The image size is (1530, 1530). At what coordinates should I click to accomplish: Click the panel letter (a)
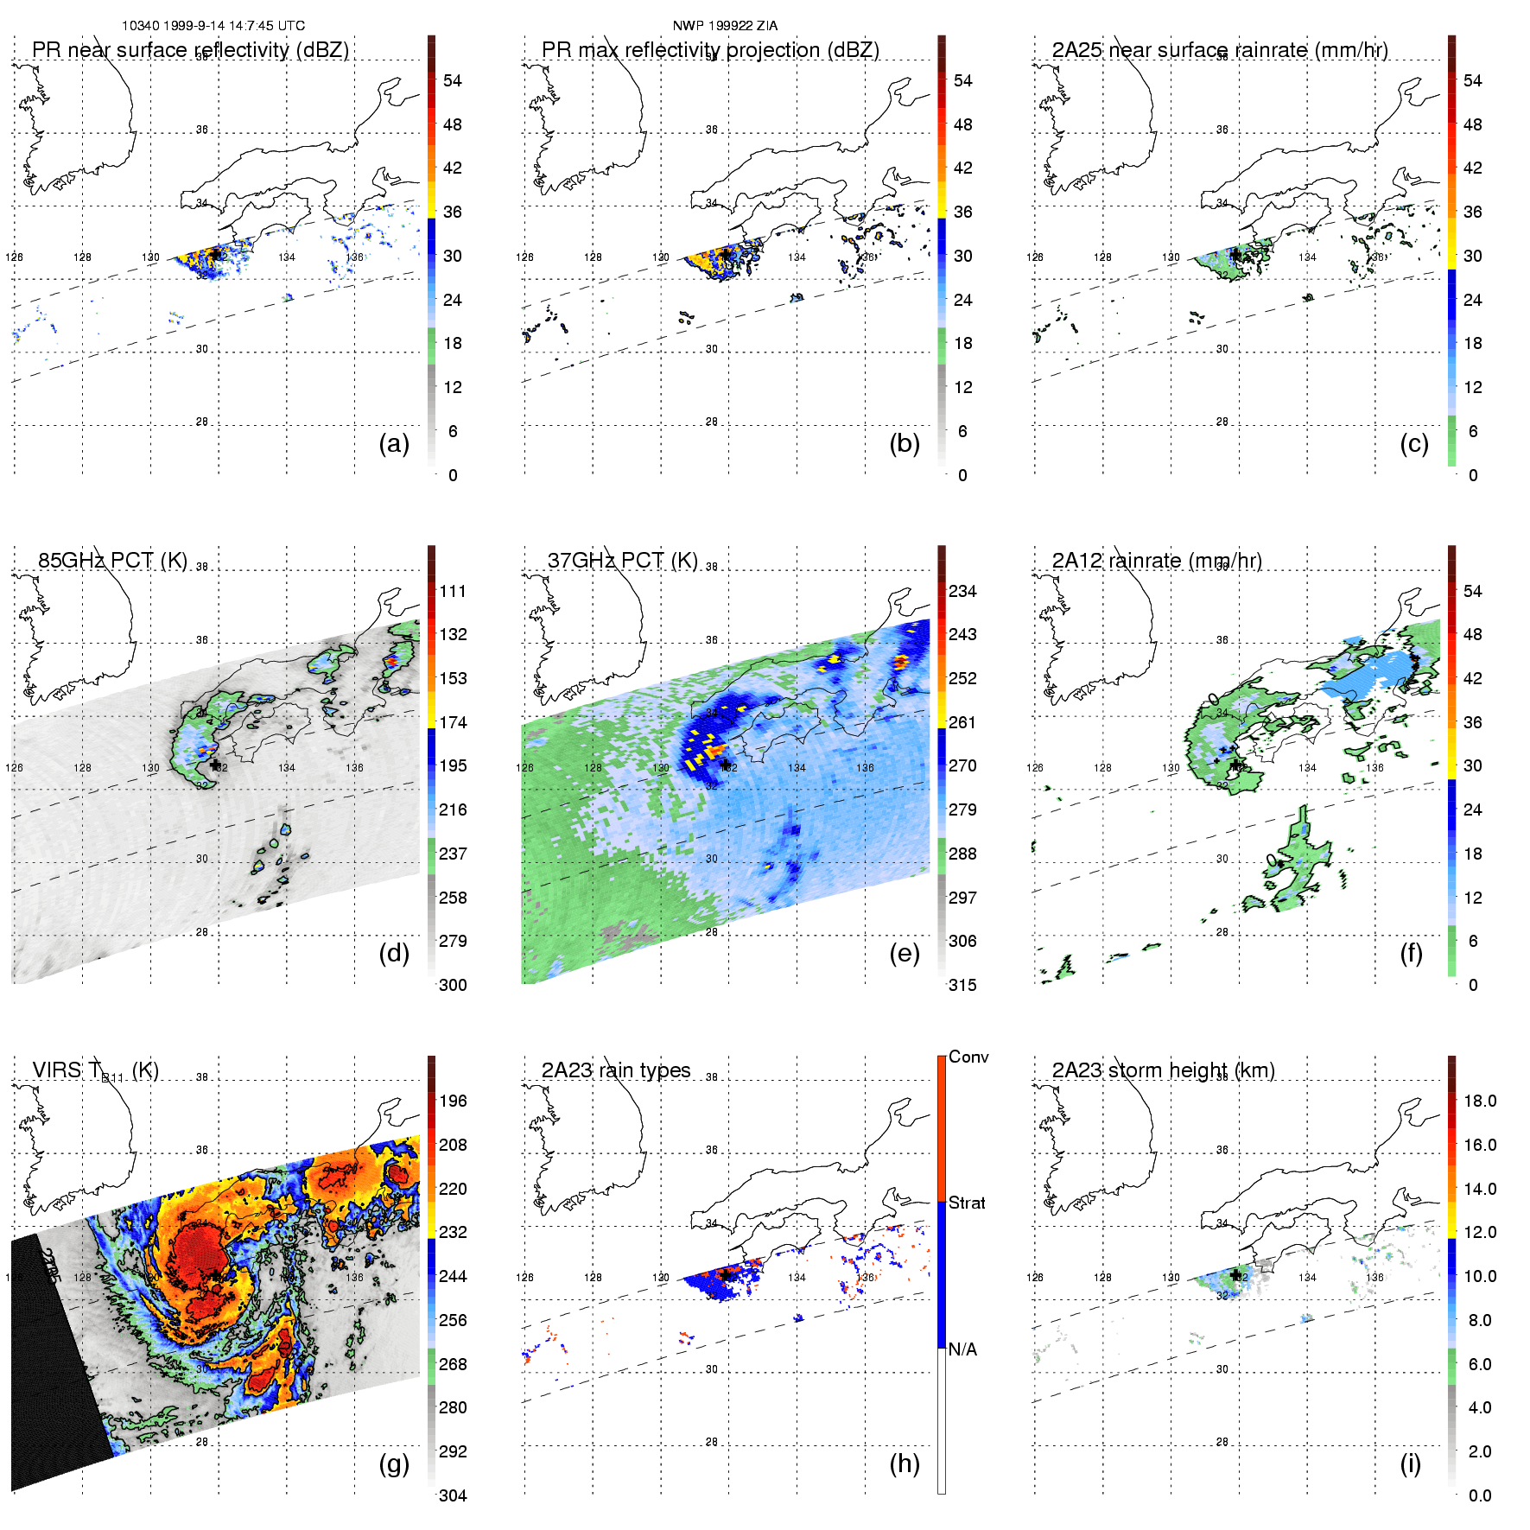point(394,444)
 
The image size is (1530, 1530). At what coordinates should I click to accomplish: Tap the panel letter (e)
point(904,954)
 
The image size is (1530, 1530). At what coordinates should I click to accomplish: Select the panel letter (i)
point(1410,1463)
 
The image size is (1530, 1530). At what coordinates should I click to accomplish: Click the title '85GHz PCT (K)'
point(112,561)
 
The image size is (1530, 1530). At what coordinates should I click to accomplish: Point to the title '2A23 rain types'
point(616,1070)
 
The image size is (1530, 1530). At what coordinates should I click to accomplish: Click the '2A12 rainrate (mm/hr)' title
point(1157,561)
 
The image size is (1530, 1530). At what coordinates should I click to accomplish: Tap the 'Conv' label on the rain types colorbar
point(968,1057)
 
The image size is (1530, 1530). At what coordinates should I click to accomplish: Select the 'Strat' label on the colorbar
point(967,1203)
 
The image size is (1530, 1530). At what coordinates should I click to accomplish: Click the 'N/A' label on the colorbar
point(962,1349)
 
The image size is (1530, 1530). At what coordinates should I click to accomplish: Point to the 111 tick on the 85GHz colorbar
point(453,591)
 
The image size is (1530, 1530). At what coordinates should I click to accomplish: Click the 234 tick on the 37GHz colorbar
point(962,591)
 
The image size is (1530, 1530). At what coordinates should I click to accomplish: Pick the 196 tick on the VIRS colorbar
point(453,1101)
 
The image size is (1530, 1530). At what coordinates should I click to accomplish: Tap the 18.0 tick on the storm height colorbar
point(1480,1101)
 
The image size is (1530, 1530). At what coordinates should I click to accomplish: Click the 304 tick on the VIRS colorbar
point(453,1495)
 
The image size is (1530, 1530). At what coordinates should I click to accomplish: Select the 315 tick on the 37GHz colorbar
point(962,985)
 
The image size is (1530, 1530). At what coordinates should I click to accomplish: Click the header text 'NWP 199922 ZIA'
point(725,26)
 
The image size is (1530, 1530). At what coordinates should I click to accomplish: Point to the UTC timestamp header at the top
point(213,26)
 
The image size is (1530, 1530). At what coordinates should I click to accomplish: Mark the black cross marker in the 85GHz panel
point(215,765)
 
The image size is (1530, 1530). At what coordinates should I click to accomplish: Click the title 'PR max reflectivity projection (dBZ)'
point(710,50)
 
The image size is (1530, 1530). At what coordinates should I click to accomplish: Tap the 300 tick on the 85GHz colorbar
point(453,985)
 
